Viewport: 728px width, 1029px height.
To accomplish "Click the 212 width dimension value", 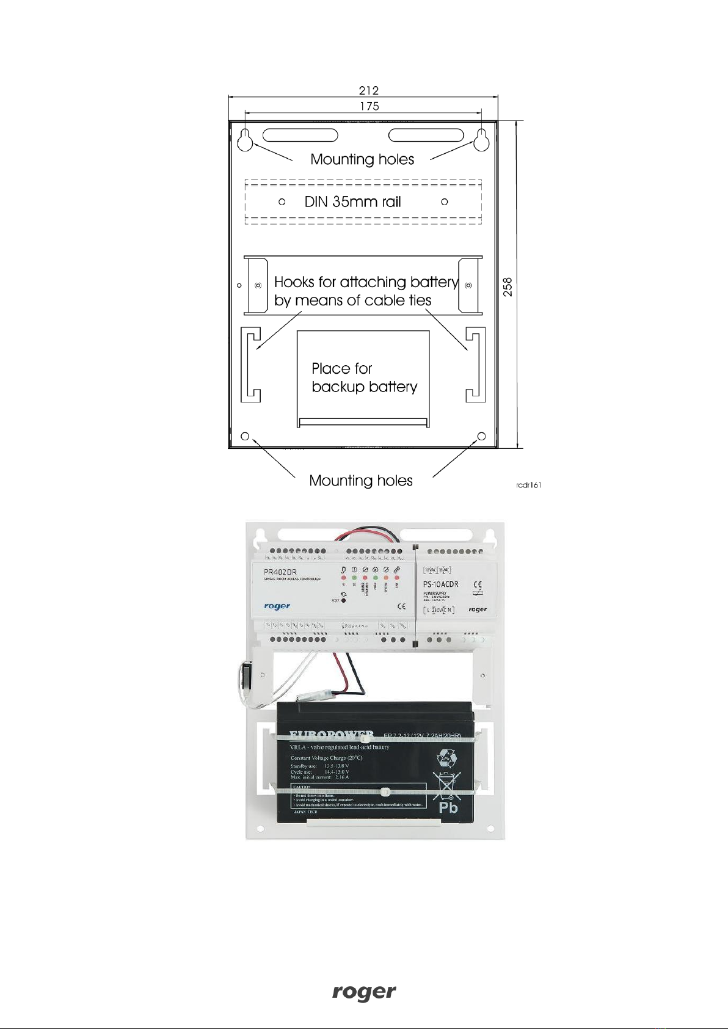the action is (368, 90).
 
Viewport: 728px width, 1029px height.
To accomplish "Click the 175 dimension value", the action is (369, 106).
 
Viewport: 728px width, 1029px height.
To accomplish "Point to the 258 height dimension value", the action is (508, 287).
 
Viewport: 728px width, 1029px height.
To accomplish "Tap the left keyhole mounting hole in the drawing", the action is (245, 139).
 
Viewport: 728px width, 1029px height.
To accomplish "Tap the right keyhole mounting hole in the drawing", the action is (482, 139).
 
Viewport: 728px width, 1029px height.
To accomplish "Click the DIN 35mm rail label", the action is (352, 202).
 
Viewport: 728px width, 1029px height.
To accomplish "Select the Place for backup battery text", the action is (364, 377).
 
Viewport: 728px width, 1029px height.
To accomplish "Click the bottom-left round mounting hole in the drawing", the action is (245, 436).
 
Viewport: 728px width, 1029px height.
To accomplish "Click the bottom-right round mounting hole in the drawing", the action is (481, 436).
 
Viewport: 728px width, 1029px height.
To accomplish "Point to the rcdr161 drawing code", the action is (529, 485).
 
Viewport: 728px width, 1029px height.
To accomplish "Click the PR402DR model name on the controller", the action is (280, 572).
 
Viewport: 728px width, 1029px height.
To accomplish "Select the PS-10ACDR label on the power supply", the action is (440, 584).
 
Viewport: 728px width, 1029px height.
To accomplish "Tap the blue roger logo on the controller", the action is (277, 606).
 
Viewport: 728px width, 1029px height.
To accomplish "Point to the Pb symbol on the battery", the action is (448, 807).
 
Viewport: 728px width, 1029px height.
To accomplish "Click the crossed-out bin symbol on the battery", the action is (447, 785).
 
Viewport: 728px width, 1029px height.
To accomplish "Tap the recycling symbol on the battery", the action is (445, 760).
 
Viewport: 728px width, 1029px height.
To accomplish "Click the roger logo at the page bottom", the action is (364, 992).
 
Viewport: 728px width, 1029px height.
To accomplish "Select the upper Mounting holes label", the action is (362, 159).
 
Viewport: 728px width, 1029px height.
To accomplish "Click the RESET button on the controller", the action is (344, 600).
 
